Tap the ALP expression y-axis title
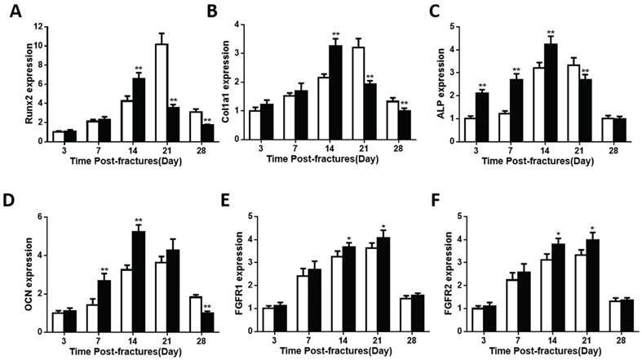[x=451, y=83]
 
